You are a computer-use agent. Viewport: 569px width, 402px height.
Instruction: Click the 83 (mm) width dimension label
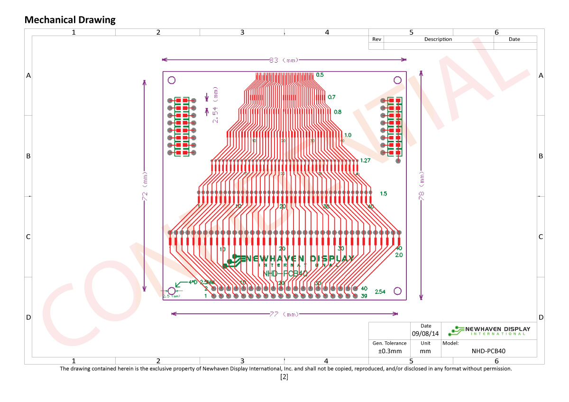[284, 60]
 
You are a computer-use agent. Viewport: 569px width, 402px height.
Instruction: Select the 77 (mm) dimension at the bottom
[284, 314]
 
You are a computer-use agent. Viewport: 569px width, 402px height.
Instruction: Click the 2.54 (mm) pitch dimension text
[215, 105]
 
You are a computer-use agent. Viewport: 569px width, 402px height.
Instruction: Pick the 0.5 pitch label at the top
[320, 75]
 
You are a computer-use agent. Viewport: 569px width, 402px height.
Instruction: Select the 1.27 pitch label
[365, 160]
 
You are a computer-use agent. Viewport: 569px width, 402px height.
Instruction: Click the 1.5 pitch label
[384, 193]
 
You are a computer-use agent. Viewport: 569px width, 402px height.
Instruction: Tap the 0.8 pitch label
[338, 112]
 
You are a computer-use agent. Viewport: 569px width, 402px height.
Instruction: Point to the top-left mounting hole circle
[172, 80]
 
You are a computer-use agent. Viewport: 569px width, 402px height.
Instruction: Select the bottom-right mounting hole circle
[399, 291]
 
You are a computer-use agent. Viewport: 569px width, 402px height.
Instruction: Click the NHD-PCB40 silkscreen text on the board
[285, 274]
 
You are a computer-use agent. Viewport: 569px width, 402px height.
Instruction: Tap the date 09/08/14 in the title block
[425, 334]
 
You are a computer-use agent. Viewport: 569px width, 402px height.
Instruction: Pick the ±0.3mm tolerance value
[389, 351]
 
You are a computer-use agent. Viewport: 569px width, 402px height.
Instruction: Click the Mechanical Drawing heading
[70, 20]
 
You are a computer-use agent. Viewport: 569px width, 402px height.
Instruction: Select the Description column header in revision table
[438, 39]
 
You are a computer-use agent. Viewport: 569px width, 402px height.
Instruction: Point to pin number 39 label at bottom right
[364, 296]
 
